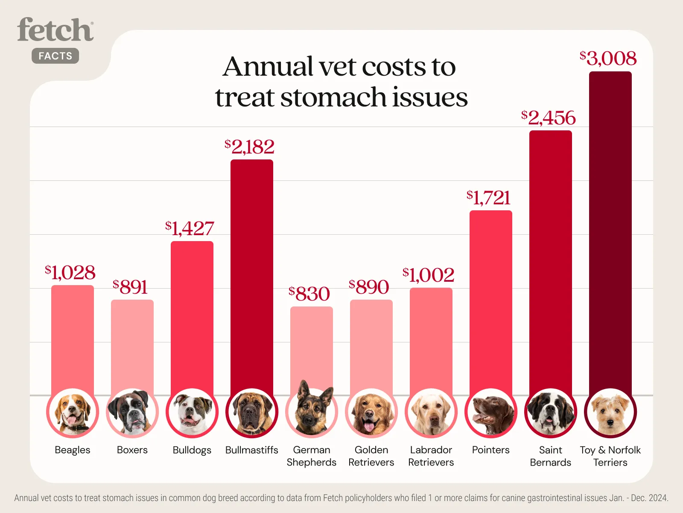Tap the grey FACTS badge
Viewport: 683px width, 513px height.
tap(55, 56)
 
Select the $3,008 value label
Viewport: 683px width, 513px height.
tap(608, 59)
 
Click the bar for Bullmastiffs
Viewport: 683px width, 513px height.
tap(252, 274)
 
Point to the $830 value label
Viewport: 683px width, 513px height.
tap(309, 294)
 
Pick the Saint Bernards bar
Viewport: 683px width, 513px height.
tap(551, 256)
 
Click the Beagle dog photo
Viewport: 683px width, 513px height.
tap(73, 413)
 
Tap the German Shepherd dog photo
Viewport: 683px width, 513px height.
tap(312, 410)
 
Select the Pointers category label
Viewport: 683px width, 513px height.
tap(491, 450)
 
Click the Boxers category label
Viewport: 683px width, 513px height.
tap(132, 450)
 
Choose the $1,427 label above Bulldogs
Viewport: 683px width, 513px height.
tap(190, 228)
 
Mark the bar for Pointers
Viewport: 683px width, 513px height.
tap(491, 299)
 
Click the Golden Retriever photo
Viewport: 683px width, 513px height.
tap(371, 413)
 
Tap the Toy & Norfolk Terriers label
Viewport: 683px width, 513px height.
tap(610, 456)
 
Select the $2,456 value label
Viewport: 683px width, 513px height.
tap(549, 118)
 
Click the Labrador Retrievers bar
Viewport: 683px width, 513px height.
tap(431, 338)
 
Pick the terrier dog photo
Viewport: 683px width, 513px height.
tap(610, 413)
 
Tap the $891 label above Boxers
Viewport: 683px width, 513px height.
tap(130, 287)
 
